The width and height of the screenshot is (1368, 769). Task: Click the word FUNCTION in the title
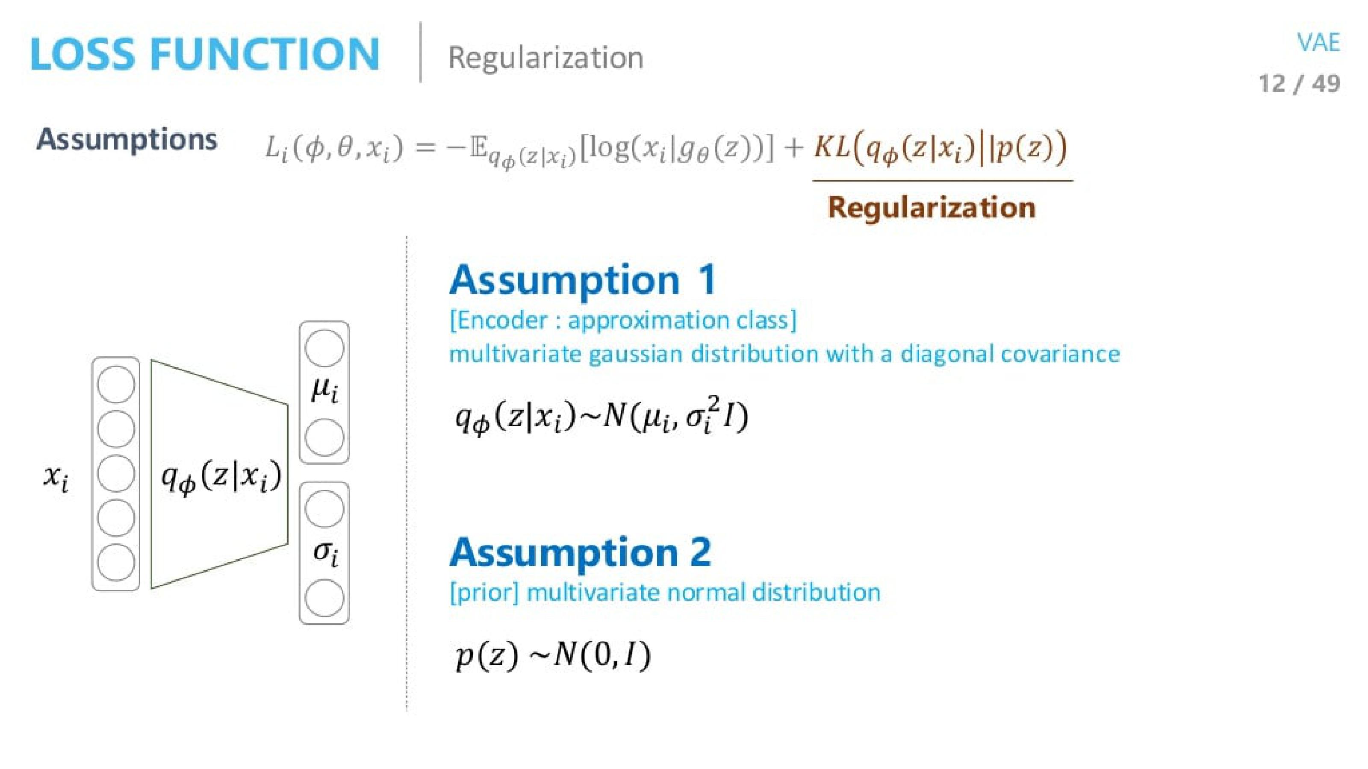point(265,54)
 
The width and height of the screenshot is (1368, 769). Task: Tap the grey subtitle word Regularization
point(545,57)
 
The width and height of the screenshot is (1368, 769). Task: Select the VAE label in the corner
point(1318,42)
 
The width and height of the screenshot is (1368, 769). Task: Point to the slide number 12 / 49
point(1299,84)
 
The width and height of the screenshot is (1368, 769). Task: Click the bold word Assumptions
point(127,140)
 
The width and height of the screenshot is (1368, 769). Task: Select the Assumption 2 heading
point(580,552)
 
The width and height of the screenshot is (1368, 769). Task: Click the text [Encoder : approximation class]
point(623,320)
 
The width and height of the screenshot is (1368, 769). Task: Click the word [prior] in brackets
point(483,592)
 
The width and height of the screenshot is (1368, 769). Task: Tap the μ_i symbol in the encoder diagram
point(324,392)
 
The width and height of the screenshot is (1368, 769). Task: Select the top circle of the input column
point(116,384)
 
